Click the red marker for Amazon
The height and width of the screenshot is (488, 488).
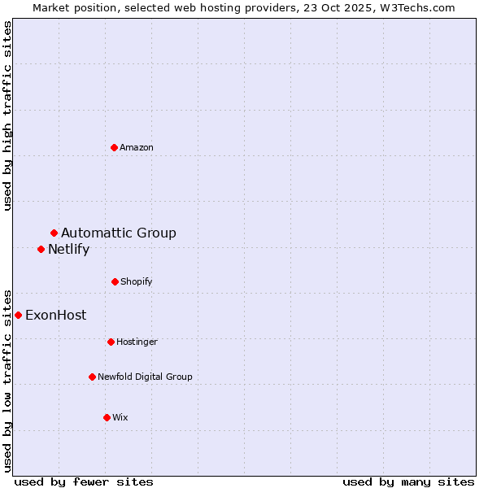tap(114, 147)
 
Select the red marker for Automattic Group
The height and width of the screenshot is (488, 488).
tap(54, 233)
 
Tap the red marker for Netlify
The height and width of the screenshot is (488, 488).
tap(41, 249)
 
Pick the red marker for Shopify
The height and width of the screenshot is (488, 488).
tap(115, 281)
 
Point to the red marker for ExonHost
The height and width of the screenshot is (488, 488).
tap(18, 315)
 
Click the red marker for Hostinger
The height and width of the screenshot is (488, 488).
tap(111, 342)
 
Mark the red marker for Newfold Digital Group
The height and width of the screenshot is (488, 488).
tap(92, 377)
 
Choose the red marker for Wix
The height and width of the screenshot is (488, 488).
tap(107, 417)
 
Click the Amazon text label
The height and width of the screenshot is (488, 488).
tap(137, 147)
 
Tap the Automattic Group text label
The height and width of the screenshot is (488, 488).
tap(119, 233)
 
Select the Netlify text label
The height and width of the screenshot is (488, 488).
tap(68, 250)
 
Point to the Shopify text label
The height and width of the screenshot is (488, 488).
tap(137, 281)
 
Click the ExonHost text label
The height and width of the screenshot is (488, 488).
tap(55, 316)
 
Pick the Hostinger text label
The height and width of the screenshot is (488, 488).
tap(137, 342)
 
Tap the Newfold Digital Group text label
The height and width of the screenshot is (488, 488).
tap(145, 377)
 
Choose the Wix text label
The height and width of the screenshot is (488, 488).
tap(120, 417)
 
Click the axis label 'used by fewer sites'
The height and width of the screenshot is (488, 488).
tap(84, 481)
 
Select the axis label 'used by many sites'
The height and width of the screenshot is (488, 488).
tap(408, 481)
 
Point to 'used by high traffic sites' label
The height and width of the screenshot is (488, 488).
tap(7, 115)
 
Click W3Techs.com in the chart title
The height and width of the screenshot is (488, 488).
tap(417, 7)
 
